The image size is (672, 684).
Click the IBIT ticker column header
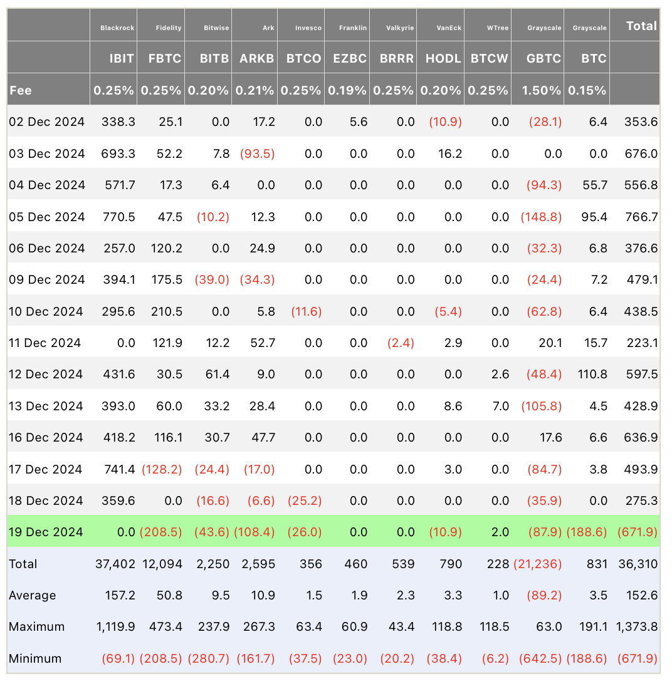pyautogui.click(x=122, y=58)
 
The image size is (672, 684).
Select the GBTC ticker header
pyautogui.click(x=543, y=58)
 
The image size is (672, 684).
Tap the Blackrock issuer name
pyautogui.click(x=117, y=28)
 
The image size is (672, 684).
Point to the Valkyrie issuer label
pyautogui.click(x=400, y=28)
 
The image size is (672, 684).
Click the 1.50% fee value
pyautogui.click(x=542, y=90)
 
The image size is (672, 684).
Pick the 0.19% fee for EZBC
pyautogui.click(x=347, y=90)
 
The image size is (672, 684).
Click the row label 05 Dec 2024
pyautogui.click(x=47, y=217)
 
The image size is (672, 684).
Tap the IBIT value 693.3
pyautogui.click(x=118, y=153)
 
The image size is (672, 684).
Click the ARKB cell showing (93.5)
pyautogui.click(x=257, y=153)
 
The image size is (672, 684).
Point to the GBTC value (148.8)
pyautogui.click(x=541, y=217)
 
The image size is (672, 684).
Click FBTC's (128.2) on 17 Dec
pyautogui.click(x=162, y=469)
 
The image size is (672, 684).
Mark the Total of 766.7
pyautogui.click(x=641, y=217)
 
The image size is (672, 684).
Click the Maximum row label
pyautogui.click(x=37, y=627)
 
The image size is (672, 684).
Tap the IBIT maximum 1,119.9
pyautogui.click(x=116, y=627)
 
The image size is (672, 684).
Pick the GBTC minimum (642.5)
pyautogui.click(x=540, y=659)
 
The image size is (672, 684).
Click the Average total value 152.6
pyautogui.click(x=641, y=596)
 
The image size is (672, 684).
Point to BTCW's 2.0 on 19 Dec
pyautogui.click(x=500, y=532)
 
